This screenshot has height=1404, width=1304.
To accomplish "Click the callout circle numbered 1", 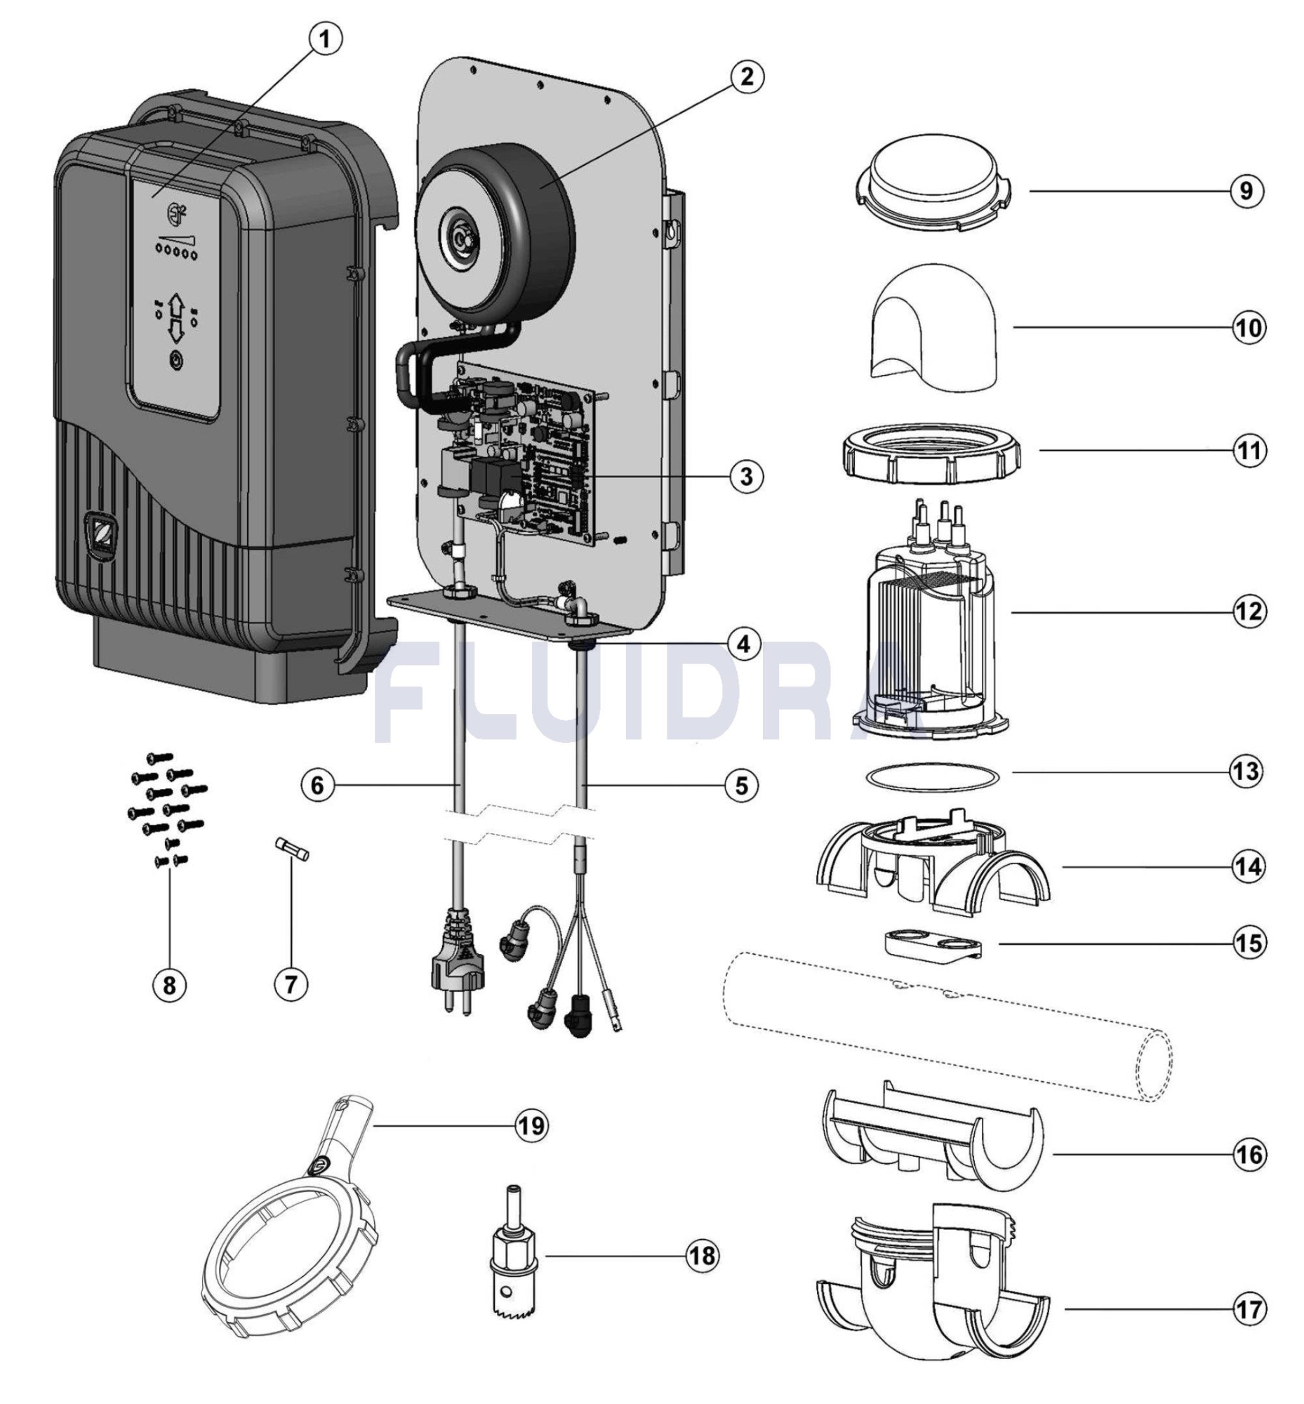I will (324, 39).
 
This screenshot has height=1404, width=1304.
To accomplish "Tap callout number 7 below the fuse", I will (291, 984).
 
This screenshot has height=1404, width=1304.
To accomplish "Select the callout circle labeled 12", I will (1249, 611).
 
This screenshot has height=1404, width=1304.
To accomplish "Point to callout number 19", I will (531, 1125).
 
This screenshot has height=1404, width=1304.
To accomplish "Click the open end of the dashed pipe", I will (1154, 1066).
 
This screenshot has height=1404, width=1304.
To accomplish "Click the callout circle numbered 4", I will (745, 643).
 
